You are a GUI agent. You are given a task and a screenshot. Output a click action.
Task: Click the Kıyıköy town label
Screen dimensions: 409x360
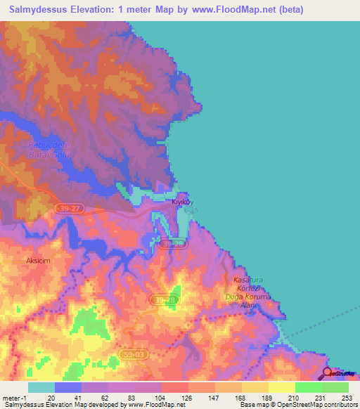[x=182, y=201]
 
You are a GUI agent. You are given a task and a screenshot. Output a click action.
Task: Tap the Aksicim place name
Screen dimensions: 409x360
[x=35, y=259]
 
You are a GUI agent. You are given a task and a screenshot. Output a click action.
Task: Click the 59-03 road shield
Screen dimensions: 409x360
[x=131, y=354]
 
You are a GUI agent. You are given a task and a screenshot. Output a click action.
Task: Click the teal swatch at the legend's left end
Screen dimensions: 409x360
[x=41, y=387]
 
